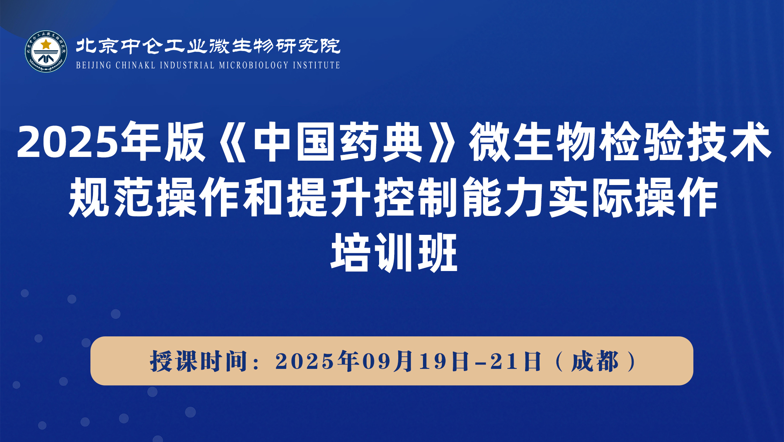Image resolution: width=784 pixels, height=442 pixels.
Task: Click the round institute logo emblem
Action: coord(46,51)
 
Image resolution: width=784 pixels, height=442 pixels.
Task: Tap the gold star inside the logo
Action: coord(46,44)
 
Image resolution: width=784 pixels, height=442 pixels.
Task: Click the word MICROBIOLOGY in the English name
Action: coord(254,65)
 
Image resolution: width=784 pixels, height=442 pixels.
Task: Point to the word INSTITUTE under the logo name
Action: coord(316,65)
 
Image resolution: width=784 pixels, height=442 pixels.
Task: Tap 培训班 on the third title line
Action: coord(394,253)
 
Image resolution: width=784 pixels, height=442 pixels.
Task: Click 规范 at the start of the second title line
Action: coord(111,197)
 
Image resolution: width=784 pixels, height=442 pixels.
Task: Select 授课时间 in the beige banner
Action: coord(199,361)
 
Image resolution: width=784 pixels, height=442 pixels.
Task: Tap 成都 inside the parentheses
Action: coord(595,361)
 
